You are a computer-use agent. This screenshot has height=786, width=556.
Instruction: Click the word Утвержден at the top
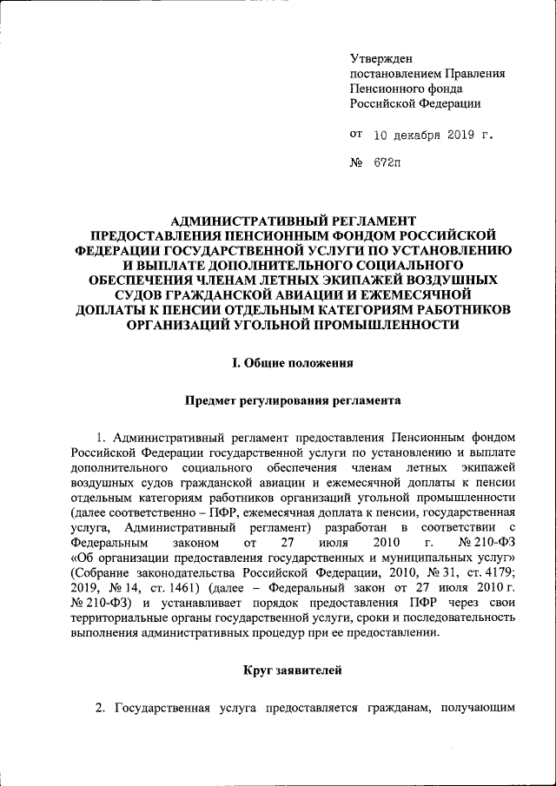[375, 58]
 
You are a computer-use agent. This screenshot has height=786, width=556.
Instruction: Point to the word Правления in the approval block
[469, 74]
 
